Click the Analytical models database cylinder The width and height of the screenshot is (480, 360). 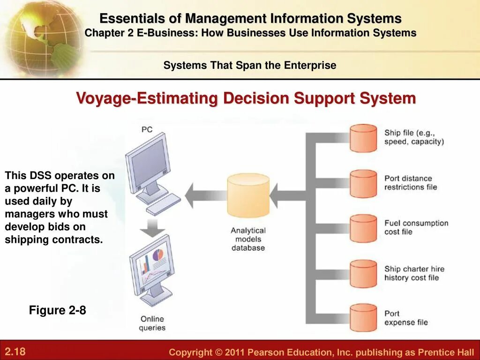[x=248, y=195]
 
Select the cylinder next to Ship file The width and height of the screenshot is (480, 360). [x=363, y=138]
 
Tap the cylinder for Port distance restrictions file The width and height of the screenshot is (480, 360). [x=363, y=183]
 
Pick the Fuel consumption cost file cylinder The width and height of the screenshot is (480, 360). [x=363, y=228]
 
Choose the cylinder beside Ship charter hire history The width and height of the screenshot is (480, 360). [x=363, y=273]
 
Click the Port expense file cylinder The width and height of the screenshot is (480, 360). [x=363, y=318]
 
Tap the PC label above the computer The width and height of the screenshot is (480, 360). [x=147, y=129]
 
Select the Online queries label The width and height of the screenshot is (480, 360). [x=153, y=323]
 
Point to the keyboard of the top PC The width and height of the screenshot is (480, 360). [x=163, y=204]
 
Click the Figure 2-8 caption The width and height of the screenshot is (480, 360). [x=58, y=310]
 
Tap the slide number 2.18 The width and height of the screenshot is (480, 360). [x=15, y=352]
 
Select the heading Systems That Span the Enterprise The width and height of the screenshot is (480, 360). [x=250, y=65]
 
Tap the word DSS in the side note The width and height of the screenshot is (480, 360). [x=39, y=176]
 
